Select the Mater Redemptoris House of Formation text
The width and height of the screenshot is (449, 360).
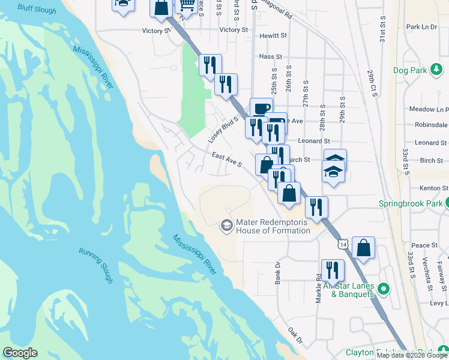click(x=273, y=226)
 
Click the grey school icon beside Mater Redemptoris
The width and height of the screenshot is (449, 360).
click(x=226, y=225)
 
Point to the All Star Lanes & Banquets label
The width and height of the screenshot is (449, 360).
click(x=349, y=290)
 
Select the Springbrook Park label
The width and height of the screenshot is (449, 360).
click(x=409, y=203)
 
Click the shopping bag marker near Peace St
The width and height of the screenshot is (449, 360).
click(x=364, y=247)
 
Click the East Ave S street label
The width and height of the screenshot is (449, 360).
click(x=226, y=159)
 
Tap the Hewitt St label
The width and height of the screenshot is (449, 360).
click(x=274, y=36)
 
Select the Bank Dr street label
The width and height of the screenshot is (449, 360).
click(x=278, y=272)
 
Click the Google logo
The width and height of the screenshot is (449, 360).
click(x=20, y=353)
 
